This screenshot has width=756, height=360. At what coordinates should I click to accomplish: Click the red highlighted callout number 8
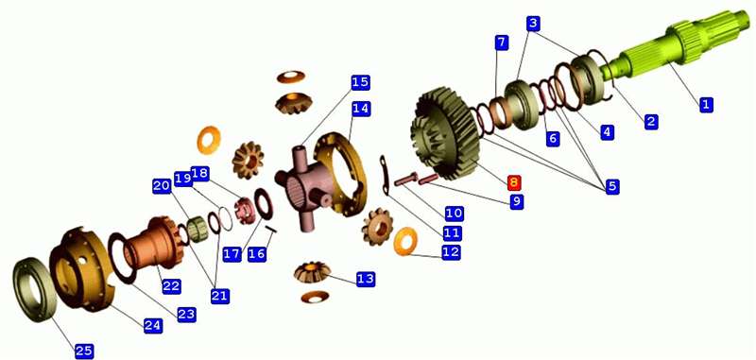513,182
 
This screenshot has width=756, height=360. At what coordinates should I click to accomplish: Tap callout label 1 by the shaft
706,104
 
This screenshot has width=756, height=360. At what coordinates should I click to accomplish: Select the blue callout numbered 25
84,351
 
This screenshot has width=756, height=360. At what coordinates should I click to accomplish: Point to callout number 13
366,279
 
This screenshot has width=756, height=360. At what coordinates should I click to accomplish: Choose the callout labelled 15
360,82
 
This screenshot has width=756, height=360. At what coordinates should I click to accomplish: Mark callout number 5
611,186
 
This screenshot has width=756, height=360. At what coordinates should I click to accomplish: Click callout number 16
257,254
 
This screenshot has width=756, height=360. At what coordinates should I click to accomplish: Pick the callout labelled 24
153,325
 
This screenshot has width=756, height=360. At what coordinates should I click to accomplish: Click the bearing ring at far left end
34,290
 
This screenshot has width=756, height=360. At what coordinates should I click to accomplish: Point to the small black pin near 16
271,230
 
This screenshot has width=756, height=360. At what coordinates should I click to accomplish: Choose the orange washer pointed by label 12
406,242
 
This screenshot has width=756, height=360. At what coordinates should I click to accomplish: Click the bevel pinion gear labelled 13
313,272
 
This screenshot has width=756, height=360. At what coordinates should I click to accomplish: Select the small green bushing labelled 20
197,230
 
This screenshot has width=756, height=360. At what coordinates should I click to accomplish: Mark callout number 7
502,42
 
